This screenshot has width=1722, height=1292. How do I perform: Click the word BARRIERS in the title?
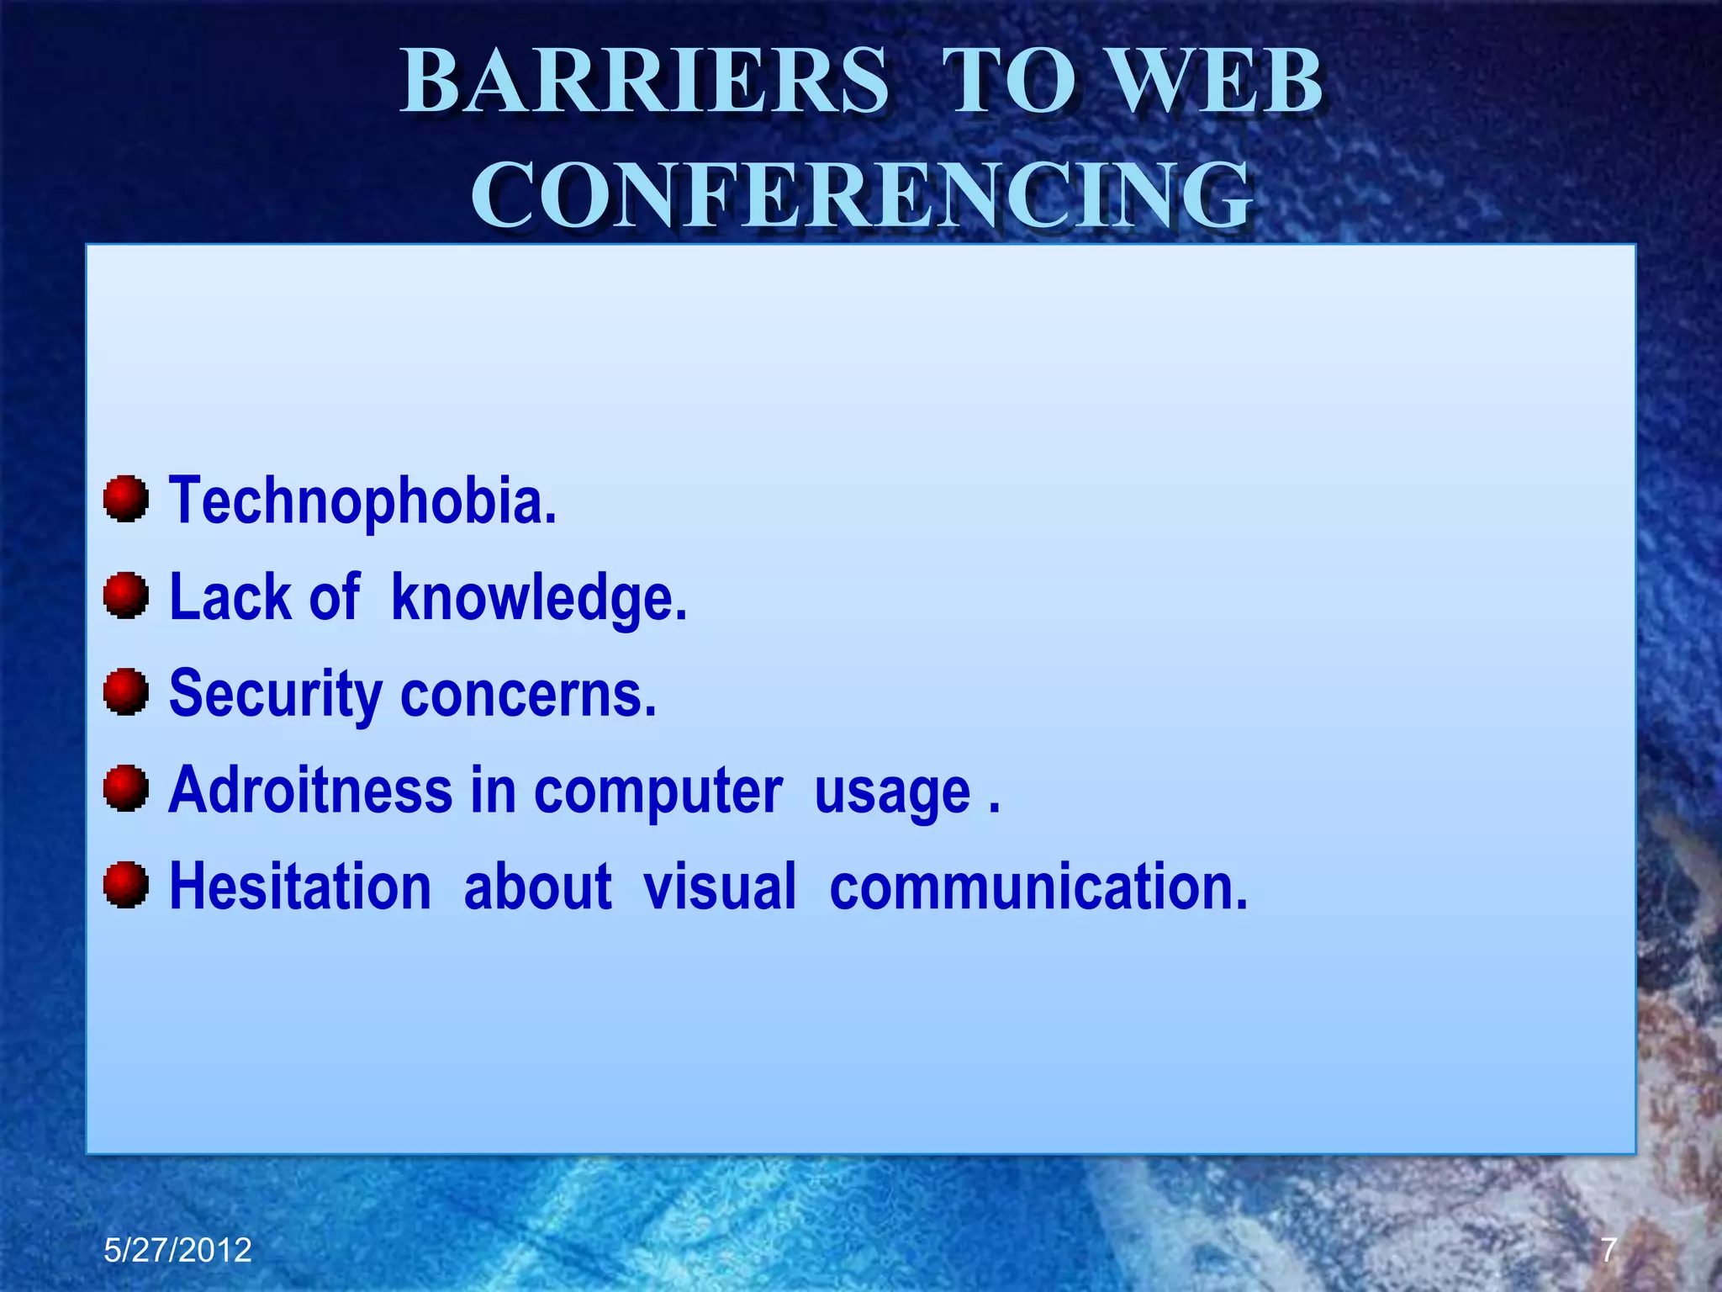[x=644, y=82]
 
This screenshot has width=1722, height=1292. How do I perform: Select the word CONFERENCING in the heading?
[x=861, y=195]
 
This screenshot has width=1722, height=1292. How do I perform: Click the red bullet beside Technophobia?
[x=126, y=499]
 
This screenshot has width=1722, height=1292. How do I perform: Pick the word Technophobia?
[x=362, y=500]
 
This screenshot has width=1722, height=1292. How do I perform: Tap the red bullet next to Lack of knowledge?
[x=126, y=596]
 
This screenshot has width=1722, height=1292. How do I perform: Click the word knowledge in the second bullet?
[x=539, y=597]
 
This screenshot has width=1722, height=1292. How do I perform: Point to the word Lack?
[x=230, y=597]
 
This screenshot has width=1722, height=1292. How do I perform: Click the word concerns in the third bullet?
[x=528, y=694]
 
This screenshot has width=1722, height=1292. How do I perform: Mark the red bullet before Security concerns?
[x=126, y=691]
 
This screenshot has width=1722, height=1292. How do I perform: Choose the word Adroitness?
[x=310, y=791]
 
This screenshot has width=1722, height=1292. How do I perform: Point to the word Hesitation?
[x=300, y=887]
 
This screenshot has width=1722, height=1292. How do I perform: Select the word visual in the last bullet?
[x=720, y=887]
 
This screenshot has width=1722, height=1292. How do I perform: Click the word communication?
[x=1038, y=887]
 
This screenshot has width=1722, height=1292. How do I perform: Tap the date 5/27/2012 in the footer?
[x=177, y=1250]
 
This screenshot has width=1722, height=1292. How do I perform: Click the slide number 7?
[x=1608, y=1250]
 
